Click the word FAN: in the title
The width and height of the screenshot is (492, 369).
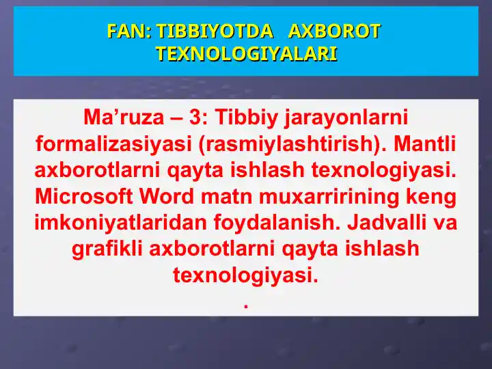pyautogui.click(x=129, y=31)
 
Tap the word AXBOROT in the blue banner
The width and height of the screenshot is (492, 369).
pyautogui.click(x=334, y=31)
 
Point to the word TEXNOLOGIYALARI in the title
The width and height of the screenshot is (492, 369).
pyautogui.click(x=246, y=53)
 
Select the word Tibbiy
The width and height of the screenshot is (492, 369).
pyautogui.click(x=247, y=118)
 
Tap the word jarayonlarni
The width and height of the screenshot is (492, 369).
pyautogui.click(x=346, y=118)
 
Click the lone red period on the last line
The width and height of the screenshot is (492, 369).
pyautogui.click(x=245, y=306)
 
